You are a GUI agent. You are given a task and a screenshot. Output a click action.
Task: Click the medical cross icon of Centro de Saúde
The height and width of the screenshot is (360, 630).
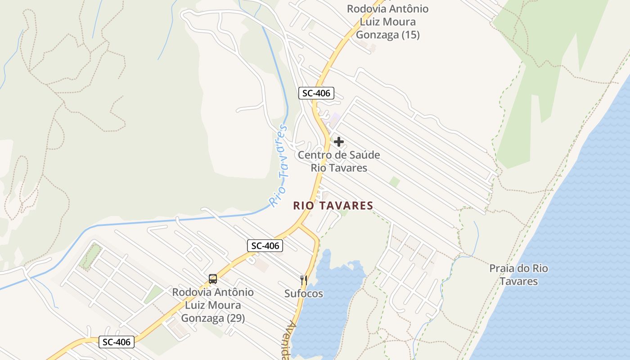pyautogui.click(x=339, y=142)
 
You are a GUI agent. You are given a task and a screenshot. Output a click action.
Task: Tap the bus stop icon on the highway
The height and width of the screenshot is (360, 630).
pyautogui.click(x=213, y=279)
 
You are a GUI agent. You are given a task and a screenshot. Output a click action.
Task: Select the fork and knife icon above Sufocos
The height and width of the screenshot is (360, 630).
pyautogui.click(x=304, y=280)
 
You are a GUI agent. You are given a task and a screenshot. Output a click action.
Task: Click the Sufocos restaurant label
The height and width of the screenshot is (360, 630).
pyautogui.click(x=304, y=294)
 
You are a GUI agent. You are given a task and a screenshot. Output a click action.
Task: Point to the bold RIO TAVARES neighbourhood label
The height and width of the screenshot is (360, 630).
pyautogui.click(x=333, y=206)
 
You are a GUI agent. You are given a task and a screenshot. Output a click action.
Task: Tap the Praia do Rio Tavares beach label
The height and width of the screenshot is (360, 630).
pyautogui.click(x=519, y=275)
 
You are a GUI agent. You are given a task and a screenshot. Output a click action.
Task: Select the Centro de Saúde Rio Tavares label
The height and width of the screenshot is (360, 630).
pyautogui.click(x=339, y=162)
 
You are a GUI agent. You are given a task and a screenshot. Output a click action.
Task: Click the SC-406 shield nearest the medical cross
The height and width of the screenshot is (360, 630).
pyautogui.click(x=316, y=94)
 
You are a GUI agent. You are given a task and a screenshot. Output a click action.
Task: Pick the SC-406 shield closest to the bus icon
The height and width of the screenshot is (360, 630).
pyautogui.click(x=265, y=246)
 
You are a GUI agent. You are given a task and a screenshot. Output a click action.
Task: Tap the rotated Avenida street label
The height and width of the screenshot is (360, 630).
pyautogui.click(x=291, y=341)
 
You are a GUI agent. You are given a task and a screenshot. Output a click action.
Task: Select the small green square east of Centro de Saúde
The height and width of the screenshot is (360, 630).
pyautogui.click(x=395, y=182)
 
